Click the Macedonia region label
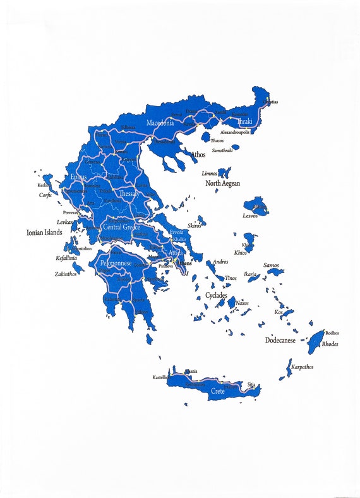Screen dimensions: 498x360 [x=160, y=123]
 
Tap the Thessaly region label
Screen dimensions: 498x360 [x=128, y=193]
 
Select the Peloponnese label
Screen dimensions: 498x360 [x=116, y=262]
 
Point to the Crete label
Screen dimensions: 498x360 [x=217, y=391]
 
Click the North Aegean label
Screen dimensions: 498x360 [x=222, y=183]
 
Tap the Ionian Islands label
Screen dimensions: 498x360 [x=44, y=233]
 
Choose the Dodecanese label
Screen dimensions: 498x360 [x=280, y=340]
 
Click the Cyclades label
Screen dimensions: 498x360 [x=216, y=295]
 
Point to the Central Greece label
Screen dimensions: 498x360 [x=122, y=226]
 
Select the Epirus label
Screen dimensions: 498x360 [x=79, y=177]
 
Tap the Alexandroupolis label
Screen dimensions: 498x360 [x=234, y=132]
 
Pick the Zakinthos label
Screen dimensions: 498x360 [x=66, y=274]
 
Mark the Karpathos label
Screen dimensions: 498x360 [x=302, y=367]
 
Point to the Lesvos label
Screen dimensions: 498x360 [x=250, y=216]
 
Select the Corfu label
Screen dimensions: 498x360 [x=45, y=195]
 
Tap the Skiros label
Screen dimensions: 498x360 [x=195, y=226]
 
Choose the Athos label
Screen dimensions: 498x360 [x=197, y=154]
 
